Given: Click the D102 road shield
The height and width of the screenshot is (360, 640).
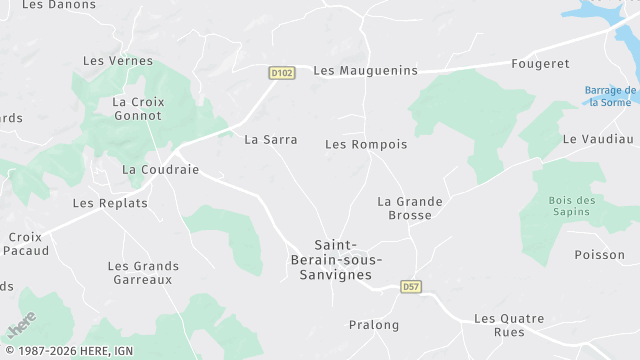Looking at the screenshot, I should pyautogui.click(x=281, y=73).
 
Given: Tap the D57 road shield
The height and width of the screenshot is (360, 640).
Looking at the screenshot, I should pyautogui.click(x=410, y=287).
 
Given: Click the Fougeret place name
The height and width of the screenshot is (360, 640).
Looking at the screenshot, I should pyautogui.click(x=541, y=63).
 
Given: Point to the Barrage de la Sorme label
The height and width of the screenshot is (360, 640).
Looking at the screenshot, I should pyautogui.click(x=610, y=96).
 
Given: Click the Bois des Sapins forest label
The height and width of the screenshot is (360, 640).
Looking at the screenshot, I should pyautogui.click(x=572, y=207).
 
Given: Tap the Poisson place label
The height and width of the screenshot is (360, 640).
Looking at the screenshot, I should pyautogui.click(x=600, y=254).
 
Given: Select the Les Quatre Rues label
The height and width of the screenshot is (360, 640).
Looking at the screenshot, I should pyautogui.click(x=509, y=325).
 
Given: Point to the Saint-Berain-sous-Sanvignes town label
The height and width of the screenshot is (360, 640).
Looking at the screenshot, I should pyautogui.click(x=343, y=259).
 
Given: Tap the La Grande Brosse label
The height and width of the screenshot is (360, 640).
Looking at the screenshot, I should pyautogui.click(x=410, y=208).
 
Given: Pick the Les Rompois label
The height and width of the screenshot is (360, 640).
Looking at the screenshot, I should pyautogui.click(x=366, y=144).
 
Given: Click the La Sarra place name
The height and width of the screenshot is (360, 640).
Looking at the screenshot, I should pyautogui.click(x=271, y=140).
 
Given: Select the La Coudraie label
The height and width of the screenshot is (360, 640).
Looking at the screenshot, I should pyautogui.click(x=160, y=170).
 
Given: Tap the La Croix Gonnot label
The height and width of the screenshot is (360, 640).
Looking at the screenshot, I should pyautogui.click(x=138, y=109).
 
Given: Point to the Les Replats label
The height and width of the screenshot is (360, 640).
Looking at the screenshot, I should pyautogui.click(x=110, y=203).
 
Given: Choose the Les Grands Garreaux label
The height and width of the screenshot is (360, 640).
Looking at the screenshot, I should pyautogui.click(x=143, y=272).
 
